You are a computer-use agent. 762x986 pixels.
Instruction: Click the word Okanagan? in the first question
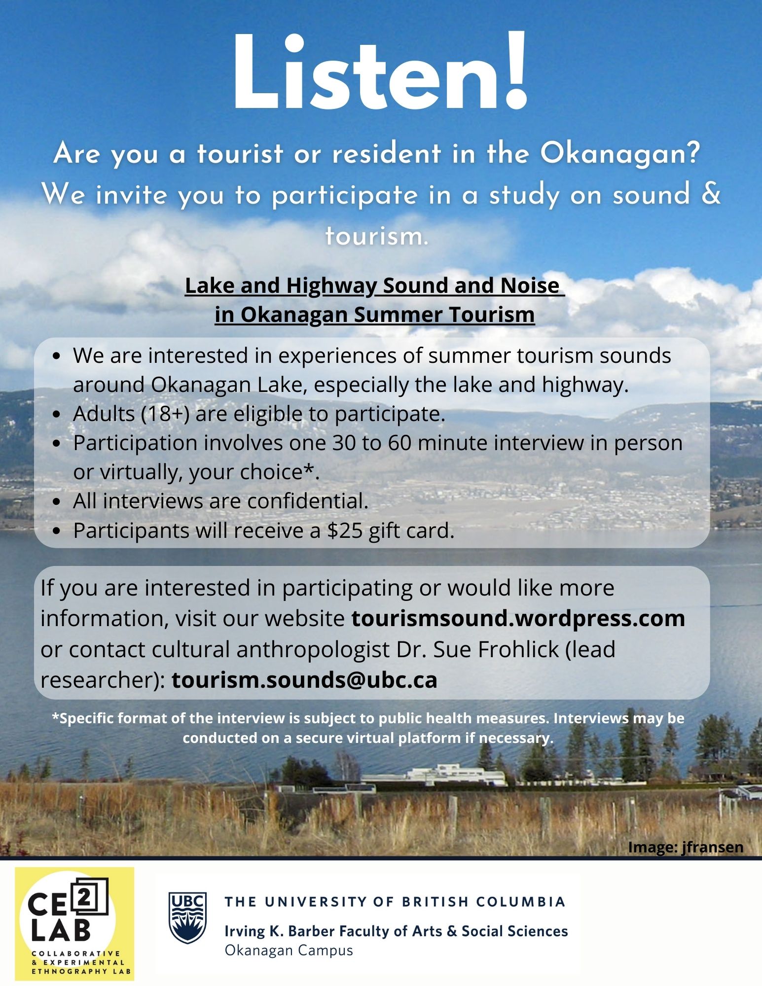click(620, 154)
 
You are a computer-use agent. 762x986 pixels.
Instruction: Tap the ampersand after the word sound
click(710, 194)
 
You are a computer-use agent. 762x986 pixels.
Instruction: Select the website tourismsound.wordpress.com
click(518, 618)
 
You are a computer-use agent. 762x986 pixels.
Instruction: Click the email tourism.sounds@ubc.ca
click(304, 680)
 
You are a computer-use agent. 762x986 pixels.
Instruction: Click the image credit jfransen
click(712, 847)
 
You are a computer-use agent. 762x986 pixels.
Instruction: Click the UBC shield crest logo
click(187, 917)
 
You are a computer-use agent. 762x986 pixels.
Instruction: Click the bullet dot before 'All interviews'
click(57, 502)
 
